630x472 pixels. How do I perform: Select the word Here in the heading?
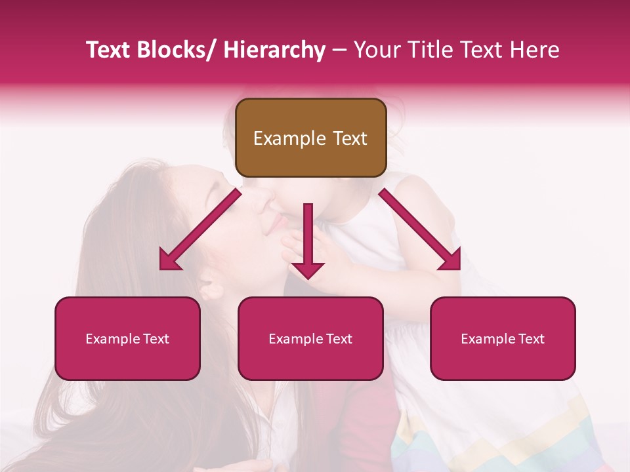click(535, 50)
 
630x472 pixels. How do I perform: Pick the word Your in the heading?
click(376, 50)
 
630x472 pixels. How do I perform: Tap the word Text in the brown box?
click(349, 138)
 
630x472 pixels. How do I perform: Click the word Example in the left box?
click(108, 339)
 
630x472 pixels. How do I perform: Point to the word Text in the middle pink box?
click(336, 339)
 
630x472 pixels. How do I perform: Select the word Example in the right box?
click(484, 339)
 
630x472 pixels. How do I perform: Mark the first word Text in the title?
click(108, 50)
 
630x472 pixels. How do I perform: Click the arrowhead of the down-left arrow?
click(169, 261)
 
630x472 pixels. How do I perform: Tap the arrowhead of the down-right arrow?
click(451, 261)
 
